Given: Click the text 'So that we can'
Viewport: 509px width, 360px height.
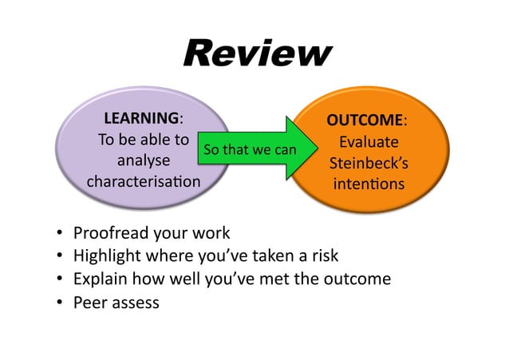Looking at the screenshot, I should (x=249, y=149).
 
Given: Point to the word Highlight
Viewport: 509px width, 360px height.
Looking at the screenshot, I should (x=106, y=256).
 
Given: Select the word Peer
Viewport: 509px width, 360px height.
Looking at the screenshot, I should (x=89, y=303).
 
